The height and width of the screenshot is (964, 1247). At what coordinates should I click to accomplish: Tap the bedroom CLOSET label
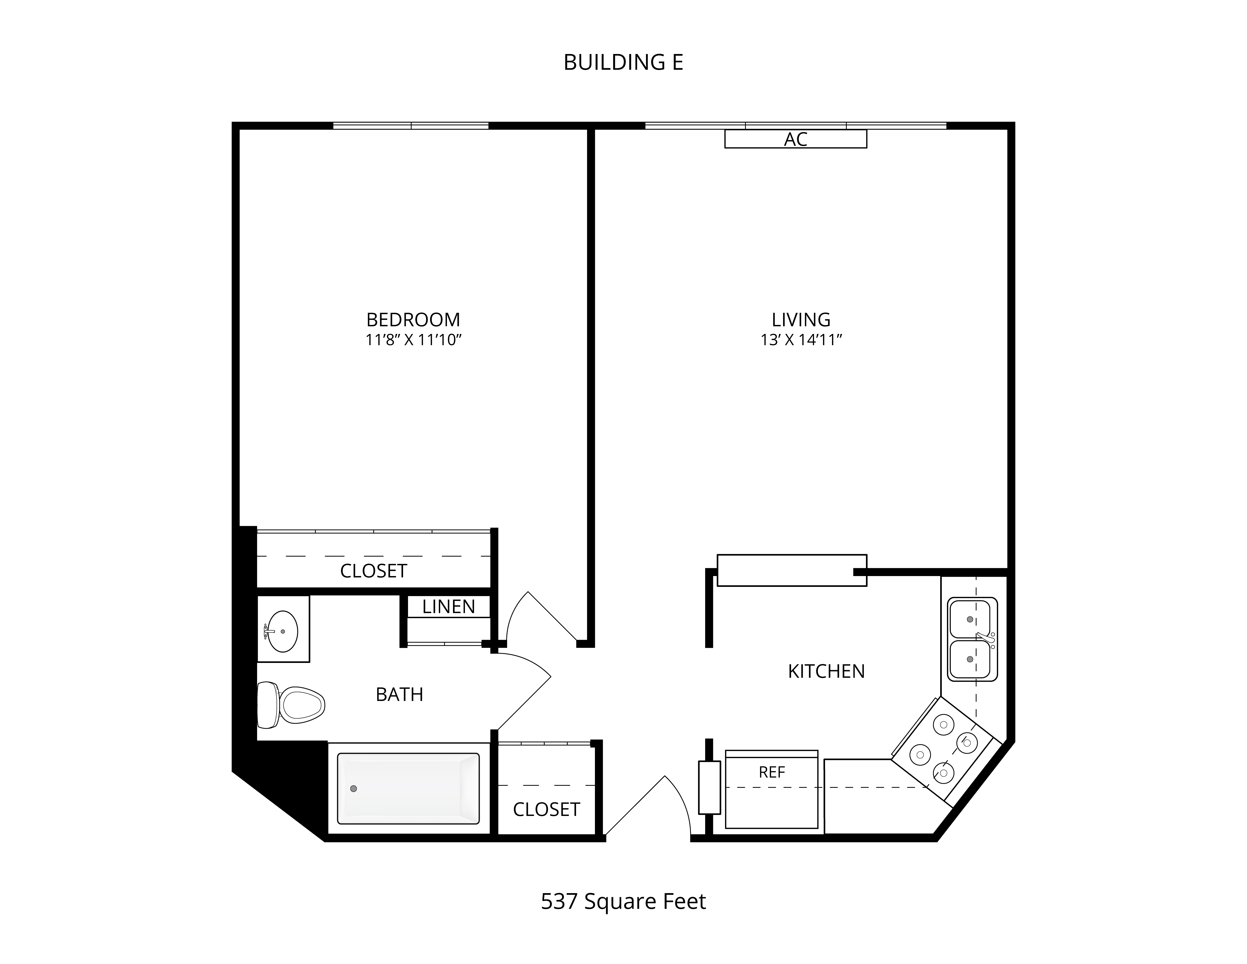373,571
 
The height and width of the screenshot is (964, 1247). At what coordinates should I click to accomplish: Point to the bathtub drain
353,789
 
